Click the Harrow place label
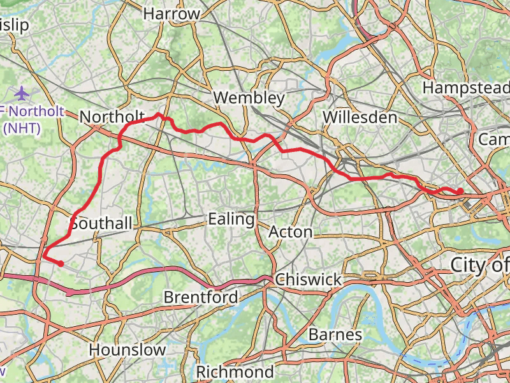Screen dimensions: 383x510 click(171, 13)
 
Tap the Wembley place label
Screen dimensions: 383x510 click(249, 98)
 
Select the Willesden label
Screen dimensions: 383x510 click(360, 117)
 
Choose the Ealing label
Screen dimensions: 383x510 click(231, 219)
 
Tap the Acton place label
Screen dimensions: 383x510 click(290, 231)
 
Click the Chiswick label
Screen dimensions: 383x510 click(309, 280)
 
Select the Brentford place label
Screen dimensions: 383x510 click(201, 297)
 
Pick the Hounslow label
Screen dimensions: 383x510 click(127, 350)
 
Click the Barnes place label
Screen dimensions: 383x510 click(335, 334)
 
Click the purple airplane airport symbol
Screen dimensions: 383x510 click(22, 93)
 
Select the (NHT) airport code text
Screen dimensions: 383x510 click(22, 128)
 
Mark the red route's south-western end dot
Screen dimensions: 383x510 click(61, 263)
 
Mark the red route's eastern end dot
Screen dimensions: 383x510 click(460, 191)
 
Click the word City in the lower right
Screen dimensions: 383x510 click(472, 264)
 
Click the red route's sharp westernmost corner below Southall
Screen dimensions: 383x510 click(43, 257)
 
